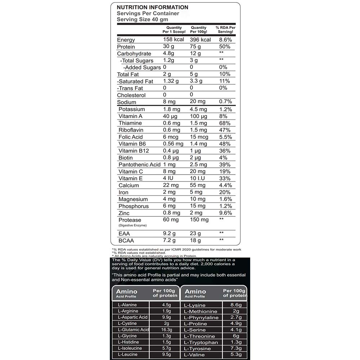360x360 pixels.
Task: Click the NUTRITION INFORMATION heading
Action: (152, 7)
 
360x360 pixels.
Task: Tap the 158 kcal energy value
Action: (174, 40)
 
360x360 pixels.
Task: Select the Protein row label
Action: (126, 47)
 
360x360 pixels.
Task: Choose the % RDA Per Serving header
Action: (225, 30)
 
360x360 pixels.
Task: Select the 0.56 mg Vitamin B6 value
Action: (173, 144)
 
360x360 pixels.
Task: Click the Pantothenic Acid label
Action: (139, 165)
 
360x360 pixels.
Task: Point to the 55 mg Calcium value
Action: (198, 185)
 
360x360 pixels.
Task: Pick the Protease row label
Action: (130, 220)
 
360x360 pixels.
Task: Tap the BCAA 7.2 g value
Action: (169, 240)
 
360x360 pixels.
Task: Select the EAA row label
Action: (124, 234)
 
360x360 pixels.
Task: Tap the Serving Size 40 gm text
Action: (143, 19)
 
